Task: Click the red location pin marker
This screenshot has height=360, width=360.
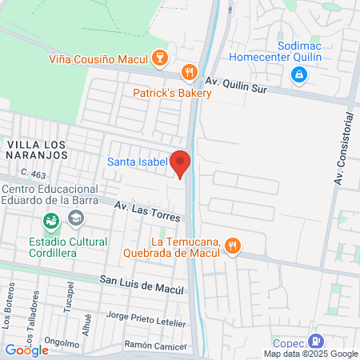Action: coord(180,162)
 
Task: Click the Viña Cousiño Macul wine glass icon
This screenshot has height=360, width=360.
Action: coord(159,58)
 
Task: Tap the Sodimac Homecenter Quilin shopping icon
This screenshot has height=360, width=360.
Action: coord(298,74)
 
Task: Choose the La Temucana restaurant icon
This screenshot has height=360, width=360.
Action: coord(232,246)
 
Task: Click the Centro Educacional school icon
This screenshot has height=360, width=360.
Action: coord(75,217)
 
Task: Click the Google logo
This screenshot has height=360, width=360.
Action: coord(26,350)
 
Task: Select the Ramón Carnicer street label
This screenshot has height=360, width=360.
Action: coord(157,345)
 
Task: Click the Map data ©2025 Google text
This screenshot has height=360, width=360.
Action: coord(311,354)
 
